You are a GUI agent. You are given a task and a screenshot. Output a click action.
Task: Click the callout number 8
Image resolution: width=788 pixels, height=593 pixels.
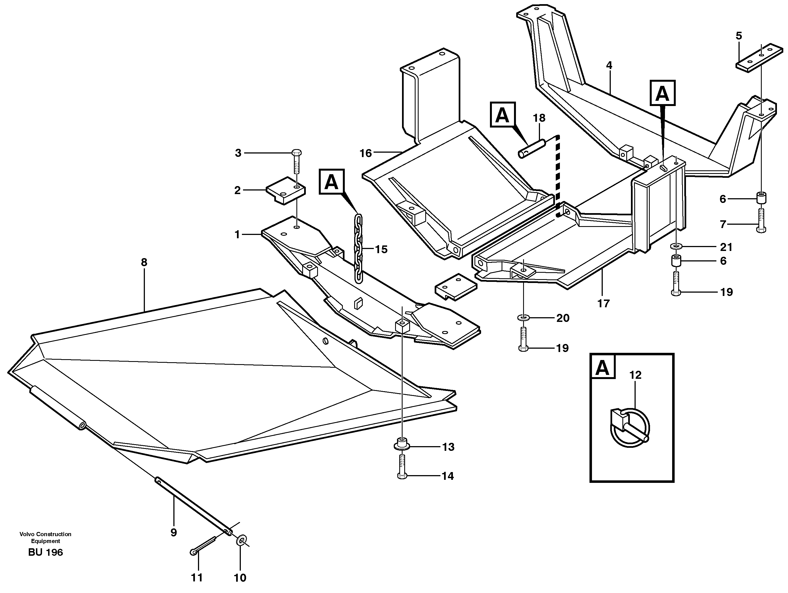click(x=144, y=263)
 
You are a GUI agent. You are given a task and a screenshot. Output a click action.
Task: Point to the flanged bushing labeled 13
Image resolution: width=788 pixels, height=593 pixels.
click(x=401, y=445)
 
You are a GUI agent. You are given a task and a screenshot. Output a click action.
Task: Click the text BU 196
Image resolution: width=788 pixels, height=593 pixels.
click(x=46, y=552)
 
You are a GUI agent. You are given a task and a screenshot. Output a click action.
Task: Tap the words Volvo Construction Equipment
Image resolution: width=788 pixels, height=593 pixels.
click(x=46, y=538)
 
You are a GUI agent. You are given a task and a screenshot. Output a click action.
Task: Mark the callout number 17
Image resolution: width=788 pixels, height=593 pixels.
click(x=604, y=303)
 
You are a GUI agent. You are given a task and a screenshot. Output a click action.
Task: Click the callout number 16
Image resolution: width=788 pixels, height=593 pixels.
click(x=366, y=153)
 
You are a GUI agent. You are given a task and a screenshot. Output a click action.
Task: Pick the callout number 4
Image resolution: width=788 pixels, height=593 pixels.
click(x=609, y=65)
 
